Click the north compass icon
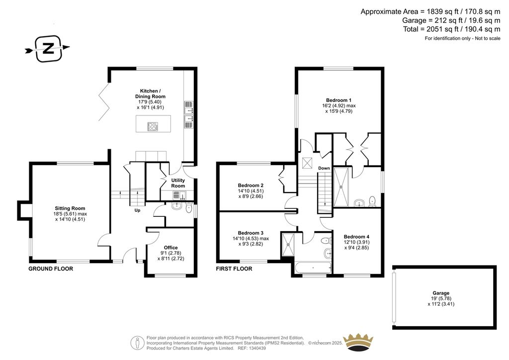click(48, 48)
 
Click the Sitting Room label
click(70, 208)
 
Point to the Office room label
click(170, 248)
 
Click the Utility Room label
click(178, 183)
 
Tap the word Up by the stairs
click(138, 210)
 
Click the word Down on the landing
click(324, 168)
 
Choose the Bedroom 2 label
click(251, 186)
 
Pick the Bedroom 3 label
click(251, 233)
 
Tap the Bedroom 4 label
click(356, 237)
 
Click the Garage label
click(440, 293)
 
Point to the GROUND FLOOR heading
click(51, 269)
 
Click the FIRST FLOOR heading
click(234, 269)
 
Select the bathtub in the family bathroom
click(313, 268)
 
